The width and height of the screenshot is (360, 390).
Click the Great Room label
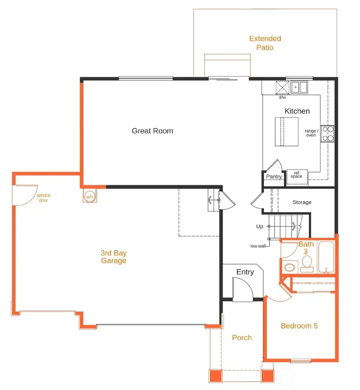click(x=152, y=131)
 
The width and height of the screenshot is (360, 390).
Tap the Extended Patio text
click(x=265, y=43)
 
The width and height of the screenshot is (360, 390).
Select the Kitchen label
click(x=297, y=111)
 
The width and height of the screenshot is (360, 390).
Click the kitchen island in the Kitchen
click(x=286, y=132)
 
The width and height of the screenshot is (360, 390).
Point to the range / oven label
click(x=311, y=133)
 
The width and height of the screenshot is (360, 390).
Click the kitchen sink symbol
click(x=299, y=86)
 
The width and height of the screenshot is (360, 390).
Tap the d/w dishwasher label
click(x=282, y=97)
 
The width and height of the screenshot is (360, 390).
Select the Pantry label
click(x=274, y=177)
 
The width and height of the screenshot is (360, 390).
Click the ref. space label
click(x=296, y=175)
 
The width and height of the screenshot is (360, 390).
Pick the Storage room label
click(x=302, y=202)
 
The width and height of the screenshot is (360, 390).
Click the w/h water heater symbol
click(x=90, y=196)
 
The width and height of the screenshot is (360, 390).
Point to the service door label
click(x=44, y=198)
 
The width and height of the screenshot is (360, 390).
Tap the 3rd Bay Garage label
click(x=114, y=257)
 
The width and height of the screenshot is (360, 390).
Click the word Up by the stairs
click(x=260, y=227)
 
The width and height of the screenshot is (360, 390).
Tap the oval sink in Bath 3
click(x=289, y=267)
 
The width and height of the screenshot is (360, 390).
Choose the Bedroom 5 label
click(x=299, y=326)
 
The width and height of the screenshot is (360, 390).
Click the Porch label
click(x=242, y=338)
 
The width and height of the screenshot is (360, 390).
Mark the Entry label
click(x=245, y=272)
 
